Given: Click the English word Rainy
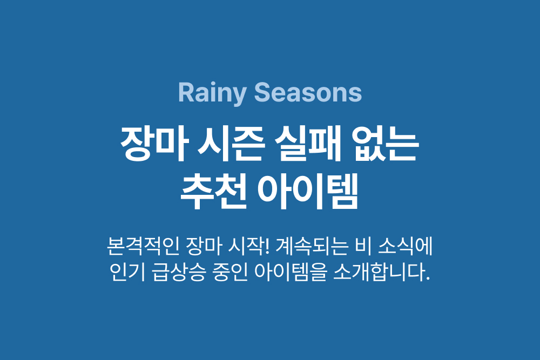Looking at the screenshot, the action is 212,93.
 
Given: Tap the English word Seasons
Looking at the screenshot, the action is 308,92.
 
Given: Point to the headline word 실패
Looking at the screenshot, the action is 308,144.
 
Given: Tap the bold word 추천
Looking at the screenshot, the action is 214,192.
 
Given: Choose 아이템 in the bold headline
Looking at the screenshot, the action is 308,192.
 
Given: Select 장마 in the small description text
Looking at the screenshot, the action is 203,246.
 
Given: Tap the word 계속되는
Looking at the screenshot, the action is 312,246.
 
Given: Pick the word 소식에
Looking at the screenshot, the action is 406,246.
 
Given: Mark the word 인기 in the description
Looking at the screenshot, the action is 127,272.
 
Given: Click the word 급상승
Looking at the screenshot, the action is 179,272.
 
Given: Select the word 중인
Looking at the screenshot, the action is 231,272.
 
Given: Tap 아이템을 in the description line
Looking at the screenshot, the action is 291,272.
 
